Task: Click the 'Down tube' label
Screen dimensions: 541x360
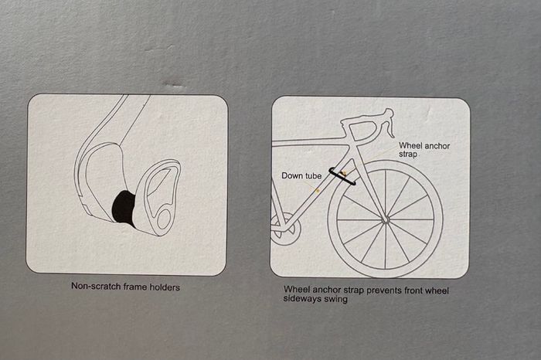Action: click(x=301, y=176)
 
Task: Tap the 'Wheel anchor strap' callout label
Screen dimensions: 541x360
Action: click(x=424, y=150)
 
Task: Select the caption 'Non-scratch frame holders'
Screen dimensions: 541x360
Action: click(x=125, y=287)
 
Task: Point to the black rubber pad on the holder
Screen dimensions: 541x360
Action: click(x=124, y=208)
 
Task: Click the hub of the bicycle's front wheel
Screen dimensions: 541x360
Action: click(x=385, y=219)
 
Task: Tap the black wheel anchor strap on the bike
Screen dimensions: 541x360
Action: click(x=342, y=176)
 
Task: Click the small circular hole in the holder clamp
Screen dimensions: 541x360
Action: click(x=164, y=219)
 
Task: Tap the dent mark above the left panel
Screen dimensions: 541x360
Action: click(x=175, y=85)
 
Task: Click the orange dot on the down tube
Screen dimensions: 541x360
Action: click(x=318, y=190)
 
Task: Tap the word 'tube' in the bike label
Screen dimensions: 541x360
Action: click(x=313, y=176)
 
